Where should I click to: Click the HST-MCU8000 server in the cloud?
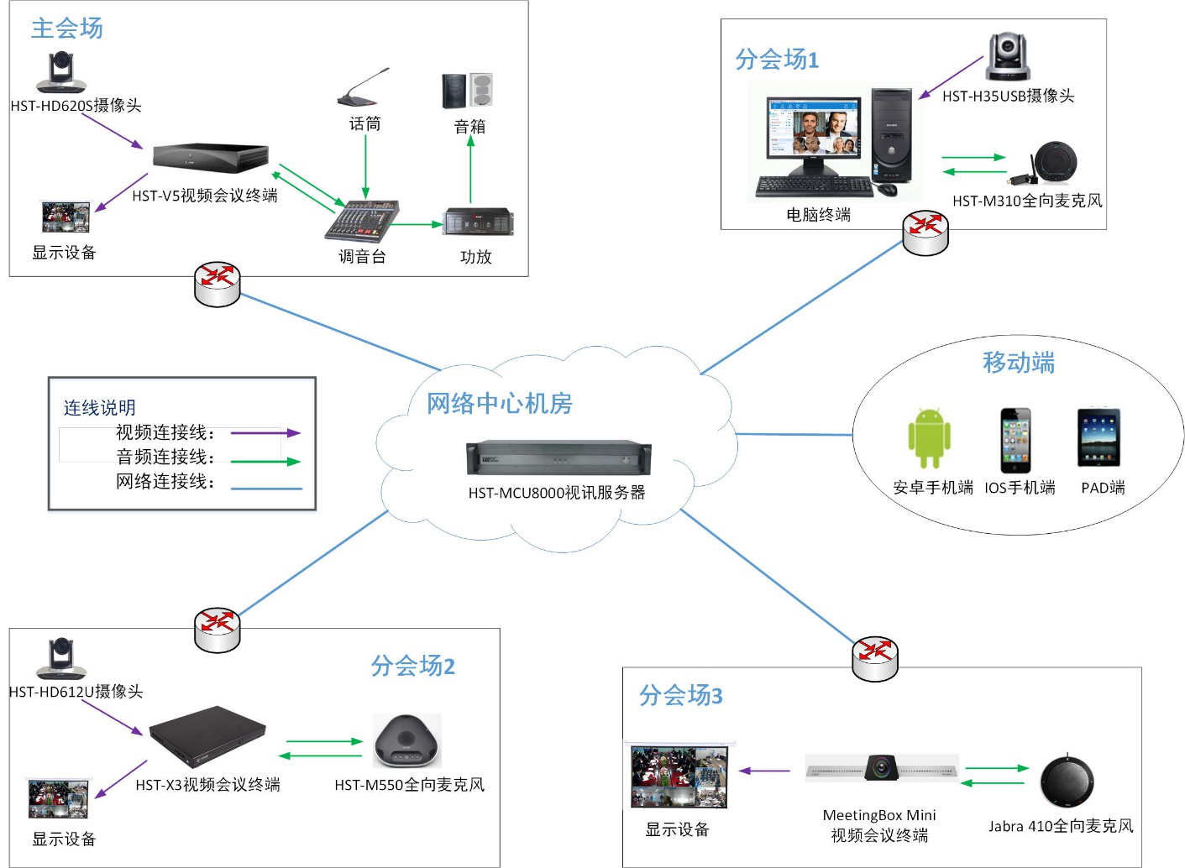tap(558, 458)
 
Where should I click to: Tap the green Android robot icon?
tap(929, 438)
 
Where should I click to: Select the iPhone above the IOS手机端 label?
tap(1015, 441)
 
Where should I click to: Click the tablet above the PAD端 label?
tap(1099, 437)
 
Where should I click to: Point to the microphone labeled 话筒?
tap(363, 87)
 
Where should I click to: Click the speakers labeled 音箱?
tap(467, 91)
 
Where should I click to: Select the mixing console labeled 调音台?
tap(362, 222)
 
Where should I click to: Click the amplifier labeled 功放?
tap(478, 222)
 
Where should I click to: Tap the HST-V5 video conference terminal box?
tap(211, 157)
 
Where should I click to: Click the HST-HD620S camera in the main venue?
tap(60, 73)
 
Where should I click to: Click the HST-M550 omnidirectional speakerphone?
tap(407, 741)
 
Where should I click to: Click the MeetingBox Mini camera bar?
tap(881, 768)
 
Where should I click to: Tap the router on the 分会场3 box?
tap(875, 659)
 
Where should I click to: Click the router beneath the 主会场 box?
tap(218, 285)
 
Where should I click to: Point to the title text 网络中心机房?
tap(500, 404)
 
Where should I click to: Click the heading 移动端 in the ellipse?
tap(1018, 363)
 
